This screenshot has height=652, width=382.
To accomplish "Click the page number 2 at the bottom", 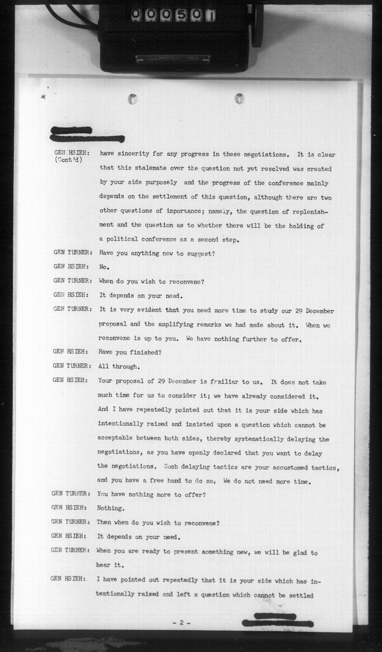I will (181, 623).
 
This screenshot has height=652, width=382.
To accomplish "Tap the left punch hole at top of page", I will (133, 99).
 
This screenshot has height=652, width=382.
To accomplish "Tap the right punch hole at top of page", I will (240, 99).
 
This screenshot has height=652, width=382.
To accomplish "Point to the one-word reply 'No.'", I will (104, 267).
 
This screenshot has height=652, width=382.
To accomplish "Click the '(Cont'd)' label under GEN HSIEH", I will (69, 160).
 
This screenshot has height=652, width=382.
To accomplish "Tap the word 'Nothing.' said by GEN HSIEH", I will (111, 508).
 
